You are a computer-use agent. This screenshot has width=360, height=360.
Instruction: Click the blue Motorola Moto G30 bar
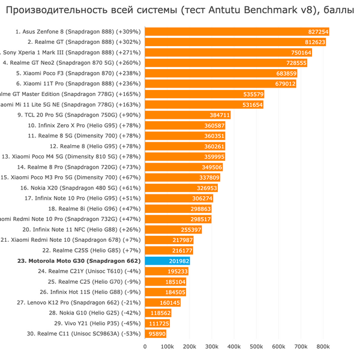pyautogui.click(x=167, y=261)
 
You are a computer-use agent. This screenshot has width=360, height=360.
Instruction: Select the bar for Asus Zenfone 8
pyautogui.click(x=237, y=32)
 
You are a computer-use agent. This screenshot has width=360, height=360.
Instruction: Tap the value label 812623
pyautogui.click(x=314, y=42)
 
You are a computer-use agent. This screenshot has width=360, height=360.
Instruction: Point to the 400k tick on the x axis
pyautogui.click(x=234, y=347)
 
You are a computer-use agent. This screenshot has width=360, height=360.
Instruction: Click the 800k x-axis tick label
pyautogui.click(x=323, y=347)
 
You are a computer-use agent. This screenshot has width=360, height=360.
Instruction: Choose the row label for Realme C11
pyautogui.click(x=83, y=334)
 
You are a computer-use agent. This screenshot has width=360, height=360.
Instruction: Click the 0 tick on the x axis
pyautogui.click(x=145, y=347)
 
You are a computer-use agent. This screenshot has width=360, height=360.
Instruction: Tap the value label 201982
pyautogui.click(x=179, y=261)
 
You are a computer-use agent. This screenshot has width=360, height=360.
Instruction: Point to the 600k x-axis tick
pyautogui.click(x=278, y=347)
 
